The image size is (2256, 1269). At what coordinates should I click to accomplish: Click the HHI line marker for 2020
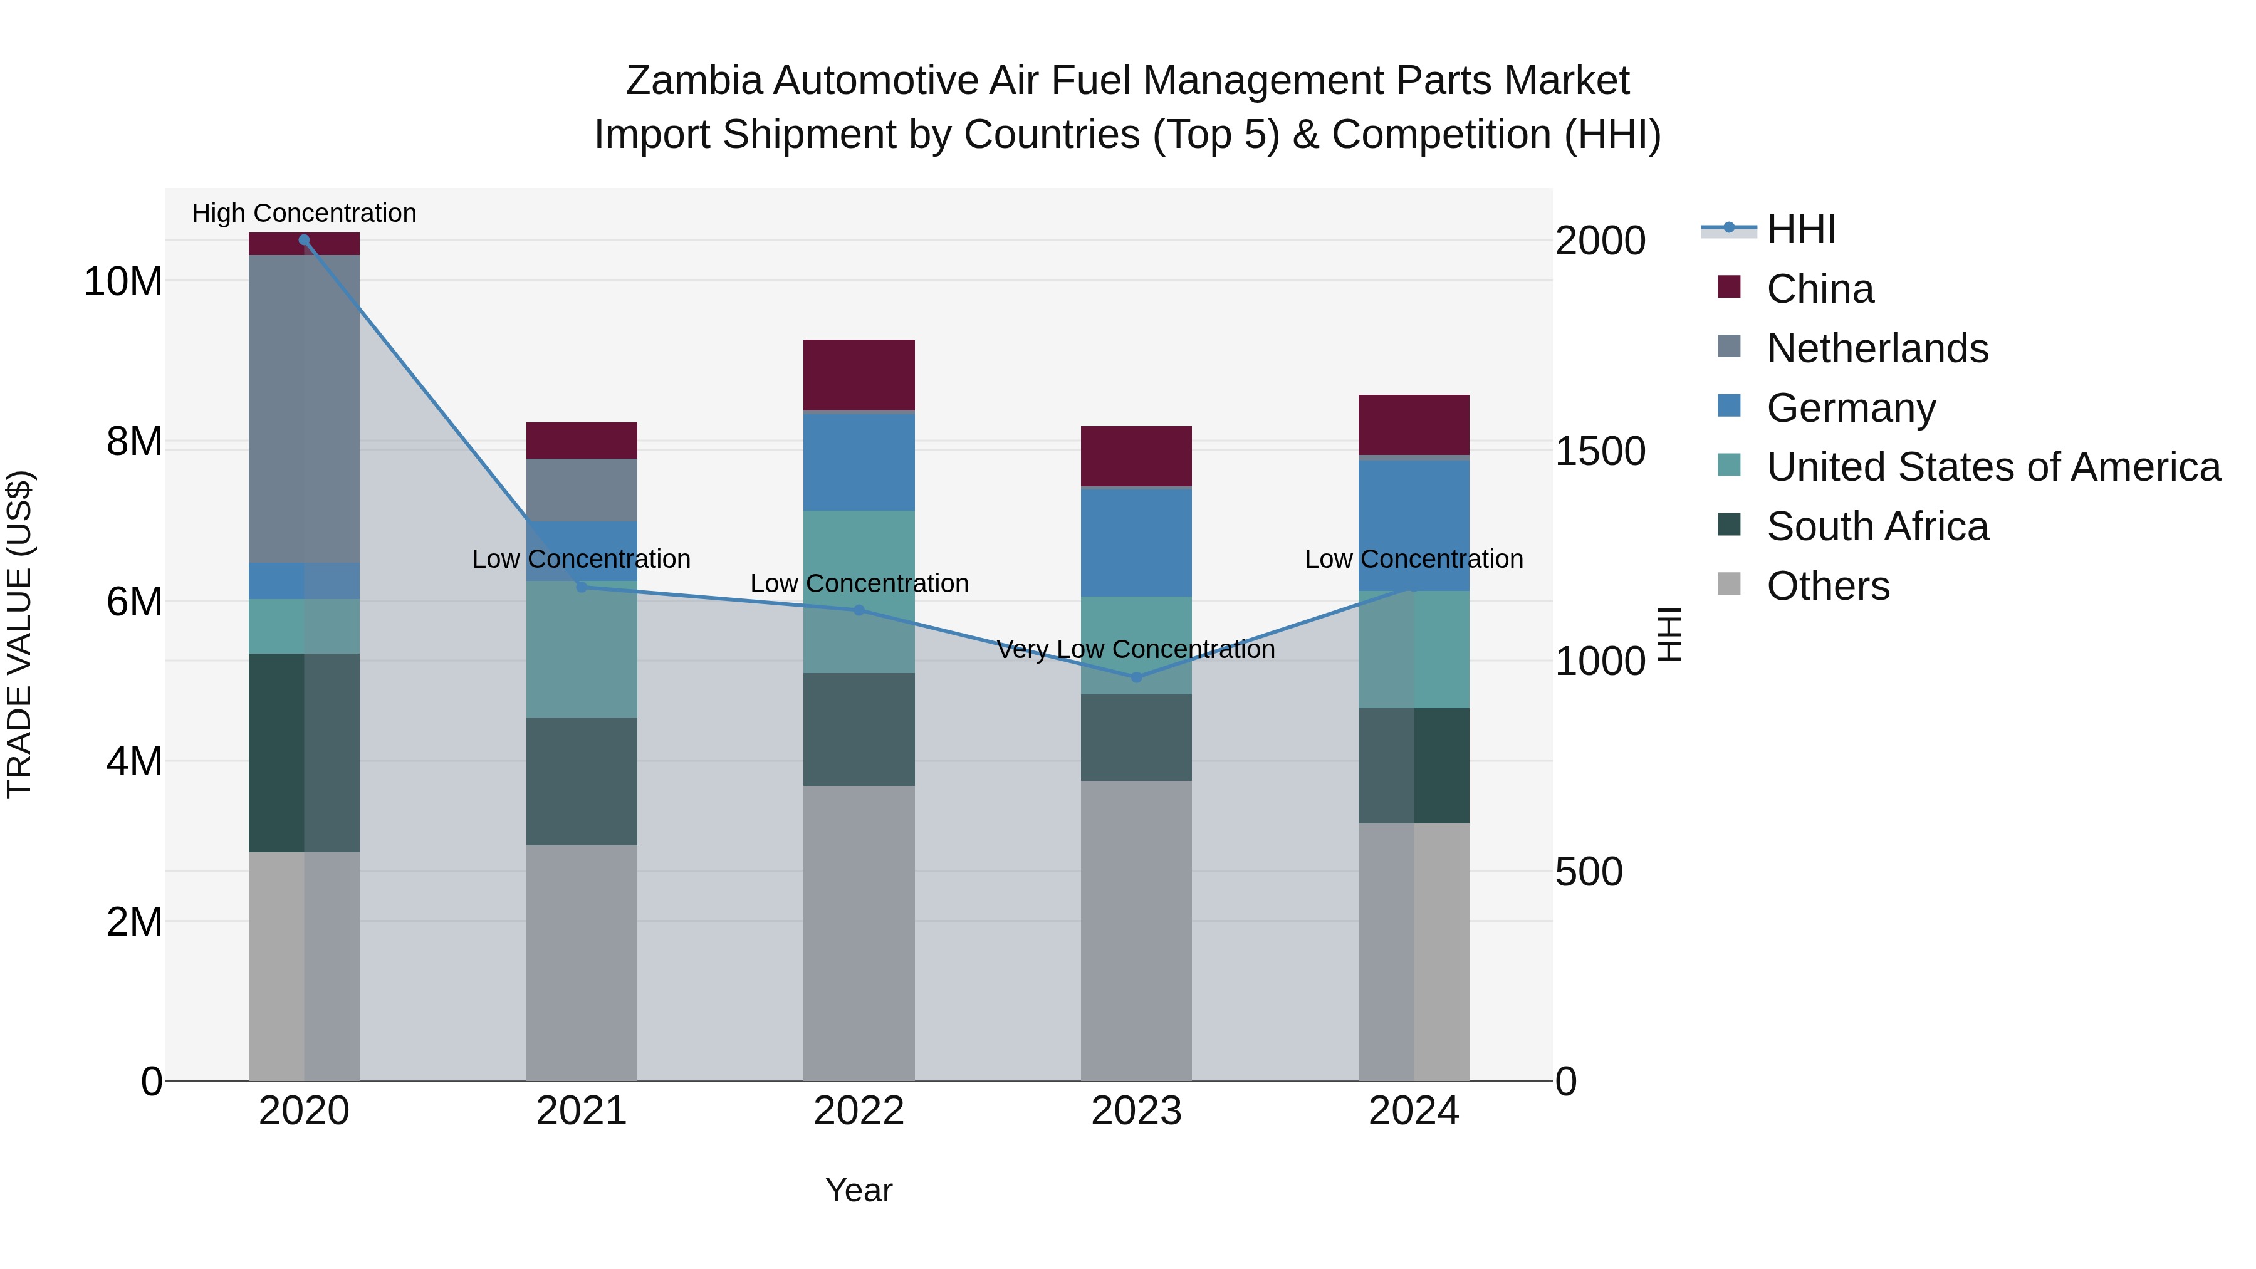pos(304,240)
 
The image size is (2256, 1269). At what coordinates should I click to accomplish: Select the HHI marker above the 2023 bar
pos(1136,677)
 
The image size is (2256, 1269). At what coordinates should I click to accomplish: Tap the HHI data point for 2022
pos(859,610)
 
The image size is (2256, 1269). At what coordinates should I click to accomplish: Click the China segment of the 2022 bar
pos(859,375)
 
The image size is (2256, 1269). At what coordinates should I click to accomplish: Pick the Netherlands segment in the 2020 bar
pos(304,409)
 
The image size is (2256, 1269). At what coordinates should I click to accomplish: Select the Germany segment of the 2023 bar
pos(1136,542)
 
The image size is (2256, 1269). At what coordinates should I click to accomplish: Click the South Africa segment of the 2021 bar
pos(582,781)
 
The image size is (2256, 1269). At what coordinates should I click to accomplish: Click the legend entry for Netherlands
pos(1877,348)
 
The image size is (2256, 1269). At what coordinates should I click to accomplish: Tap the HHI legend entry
pos(1800,229)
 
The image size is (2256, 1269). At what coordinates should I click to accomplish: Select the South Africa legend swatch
pos(1729,526)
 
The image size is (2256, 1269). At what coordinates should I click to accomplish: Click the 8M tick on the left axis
pos(134,441)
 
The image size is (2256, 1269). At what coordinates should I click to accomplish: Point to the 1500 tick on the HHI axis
pos(1600,451)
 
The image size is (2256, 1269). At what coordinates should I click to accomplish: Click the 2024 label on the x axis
pos(1414,1111)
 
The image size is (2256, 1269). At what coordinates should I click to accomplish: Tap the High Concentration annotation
pos(304,213)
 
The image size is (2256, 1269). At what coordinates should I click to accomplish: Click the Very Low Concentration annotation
pos(1136,649)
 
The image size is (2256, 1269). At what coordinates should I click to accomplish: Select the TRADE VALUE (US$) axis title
pos(19,634)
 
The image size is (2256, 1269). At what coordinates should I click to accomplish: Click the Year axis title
pos(859,1190)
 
